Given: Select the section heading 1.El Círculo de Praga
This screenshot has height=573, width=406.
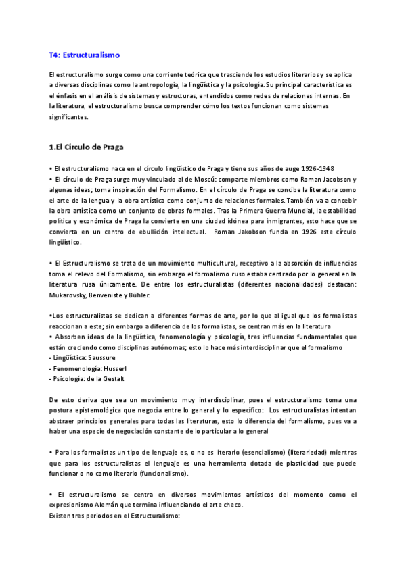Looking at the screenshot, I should pos(86,147).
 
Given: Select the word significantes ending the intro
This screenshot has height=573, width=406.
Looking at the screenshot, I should pos(68,117).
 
